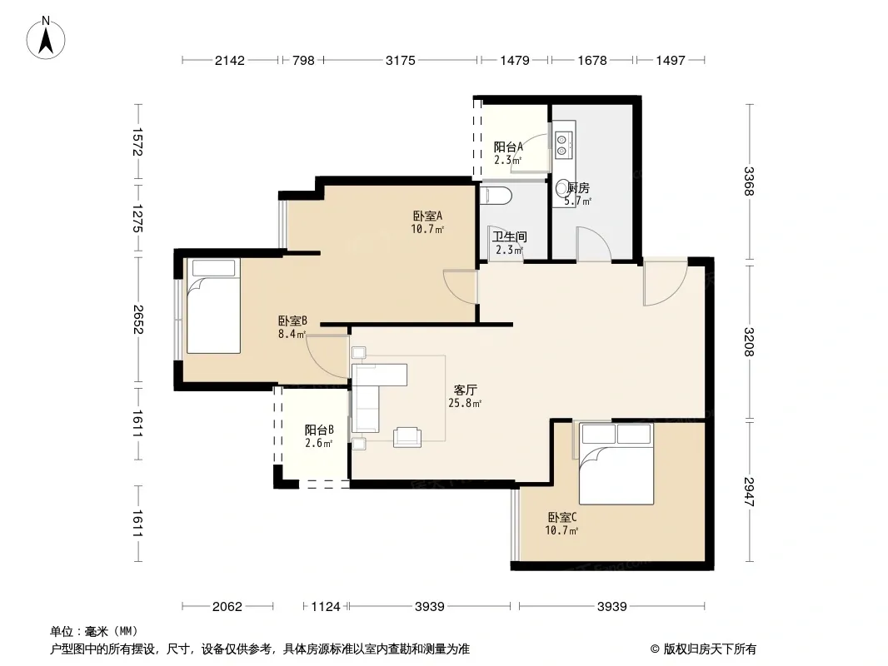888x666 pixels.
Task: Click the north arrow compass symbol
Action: [x=46, y=38]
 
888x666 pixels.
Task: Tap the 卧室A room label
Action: [x=427, y=216]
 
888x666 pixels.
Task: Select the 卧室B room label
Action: [x=292, y=321]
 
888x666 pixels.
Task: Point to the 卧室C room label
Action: [x=561, y=517]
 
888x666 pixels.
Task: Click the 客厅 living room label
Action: [x=465, y=390]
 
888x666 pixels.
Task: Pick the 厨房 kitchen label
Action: [x=578, y=188]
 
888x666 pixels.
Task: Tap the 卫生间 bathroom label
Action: [x=509, y=236]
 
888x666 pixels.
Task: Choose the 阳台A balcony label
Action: [x=509, y=147]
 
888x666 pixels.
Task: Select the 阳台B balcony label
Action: [x=319, y=430]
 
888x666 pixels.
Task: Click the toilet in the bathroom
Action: [x=496, y=196]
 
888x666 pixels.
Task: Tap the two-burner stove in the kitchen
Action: [x=563, y=145]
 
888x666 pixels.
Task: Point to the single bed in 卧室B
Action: [x=213, y=306]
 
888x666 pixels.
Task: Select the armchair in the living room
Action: [x=407, y=437]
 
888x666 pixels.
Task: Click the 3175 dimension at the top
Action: [x=401, y=60]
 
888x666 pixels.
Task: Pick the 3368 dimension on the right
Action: [x=749, y=181]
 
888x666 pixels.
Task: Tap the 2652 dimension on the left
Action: [x=137, y=320]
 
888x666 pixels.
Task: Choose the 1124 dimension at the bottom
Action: [x=326, y=607]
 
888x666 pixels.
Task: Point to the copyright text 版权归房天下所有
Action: [x=709, y=649]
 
